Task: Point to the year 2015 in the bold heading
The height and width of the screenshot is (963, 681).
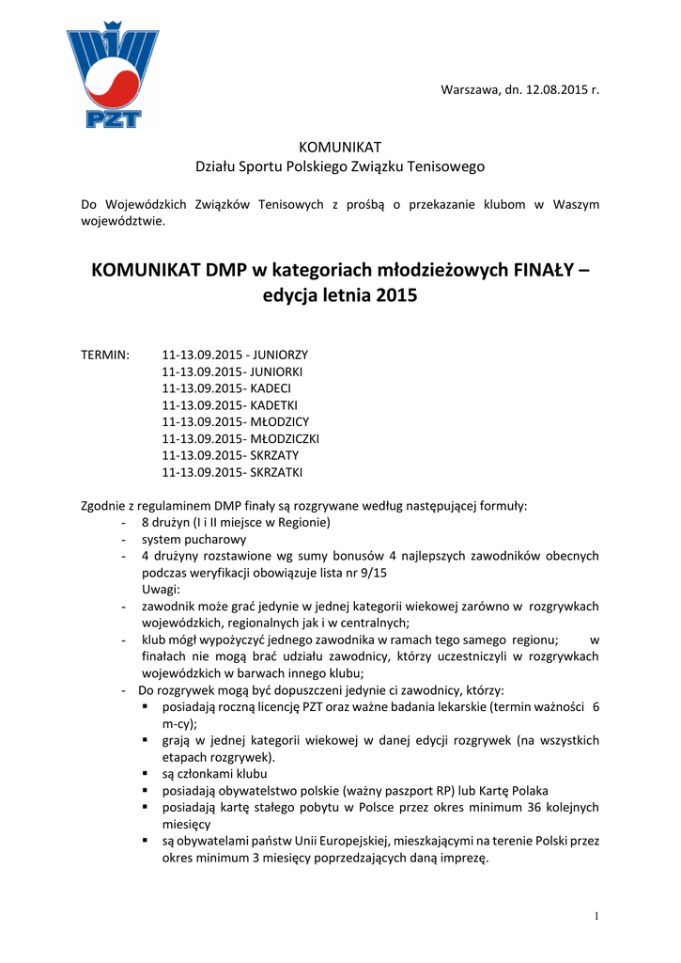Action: coord(395,295)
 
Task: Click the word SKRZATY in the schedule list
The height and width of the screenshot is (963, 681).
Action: coord(274,455)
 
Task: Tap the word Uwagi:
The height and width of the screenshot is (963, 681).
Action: coord(162,590)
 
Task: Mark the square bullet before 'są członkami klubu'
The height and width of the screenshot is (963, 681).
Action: coord(146,774)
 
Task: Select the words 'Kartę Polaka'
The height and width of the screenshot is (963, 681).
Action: coord(515,791)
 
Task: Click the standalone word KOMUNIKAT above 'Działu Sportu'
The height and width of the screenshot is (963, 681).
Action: coord(339,147)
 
